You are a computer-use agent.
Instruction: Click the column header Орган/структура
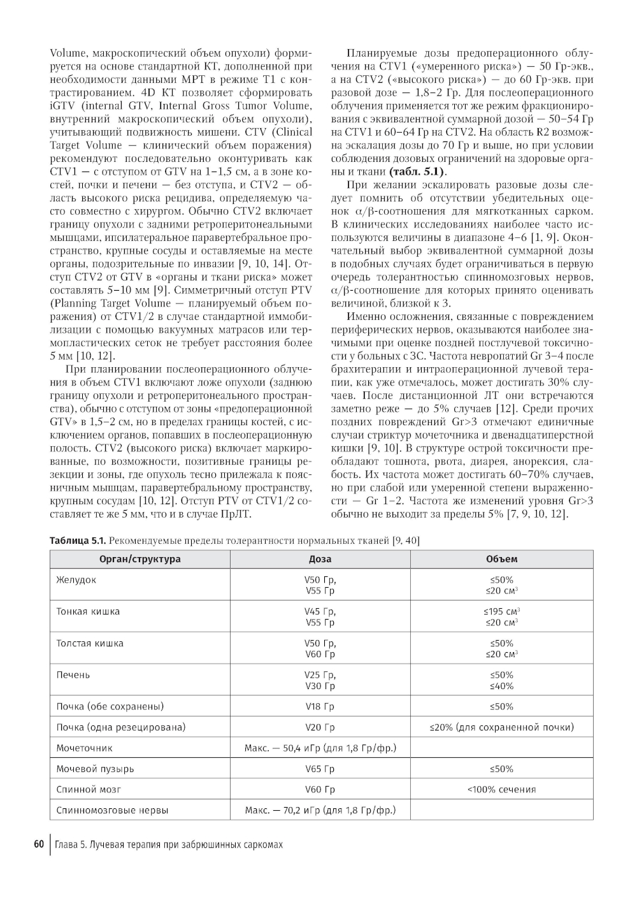point(140,559)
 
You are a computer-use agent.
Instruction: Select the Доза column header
point(320,559)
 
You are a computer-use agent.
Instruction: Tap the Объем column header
point(501,559)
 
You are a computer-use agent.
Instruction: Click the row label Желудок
point(76,580)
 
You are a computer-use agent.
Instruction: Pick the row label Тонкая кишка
point(88,612)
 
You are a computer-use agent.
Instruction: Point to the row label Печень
point(73,675)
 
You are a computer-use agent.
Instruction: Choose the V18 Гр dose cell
point(320,706)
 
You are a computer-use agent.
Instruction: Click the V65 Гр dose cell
point(320,769)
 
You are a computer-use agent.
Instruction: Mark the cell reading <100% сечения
point(501,790)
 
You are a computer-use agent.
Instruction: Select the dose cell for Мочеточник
point(320,748)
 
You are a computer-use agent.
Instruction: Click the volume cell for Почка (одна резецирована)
point(501,727)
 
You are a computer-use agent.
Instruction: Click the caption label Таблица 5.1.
point(77,541)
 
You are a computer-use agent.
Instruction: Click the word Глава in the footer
point(66,845)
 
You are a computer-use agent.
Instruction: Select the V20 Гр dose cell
point(320,727)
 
